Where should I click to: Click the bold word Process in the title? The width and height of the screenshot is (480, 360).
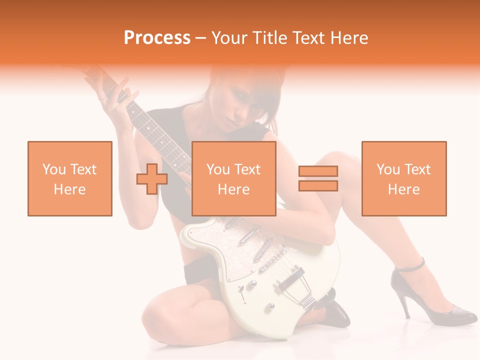click(157, 38)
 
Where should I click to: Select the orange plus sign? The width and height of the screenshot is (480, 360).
click(152, 179)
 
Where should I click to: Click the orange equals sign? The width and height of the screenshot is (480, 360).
click(318, 178)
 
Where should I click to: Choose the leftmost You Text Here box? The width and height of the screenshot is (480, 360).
click(70, 178)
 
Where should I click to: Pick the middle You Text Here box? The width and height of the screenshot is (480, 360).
click(234, 178)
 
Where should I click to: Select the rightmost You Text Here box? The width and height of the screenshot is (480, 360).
click(404, 178)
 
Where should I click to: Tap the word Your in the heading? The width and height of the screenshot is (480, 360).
click(228, 38)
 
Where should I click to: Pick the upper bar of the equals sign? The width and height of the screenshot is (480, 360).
click(318, 171)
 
